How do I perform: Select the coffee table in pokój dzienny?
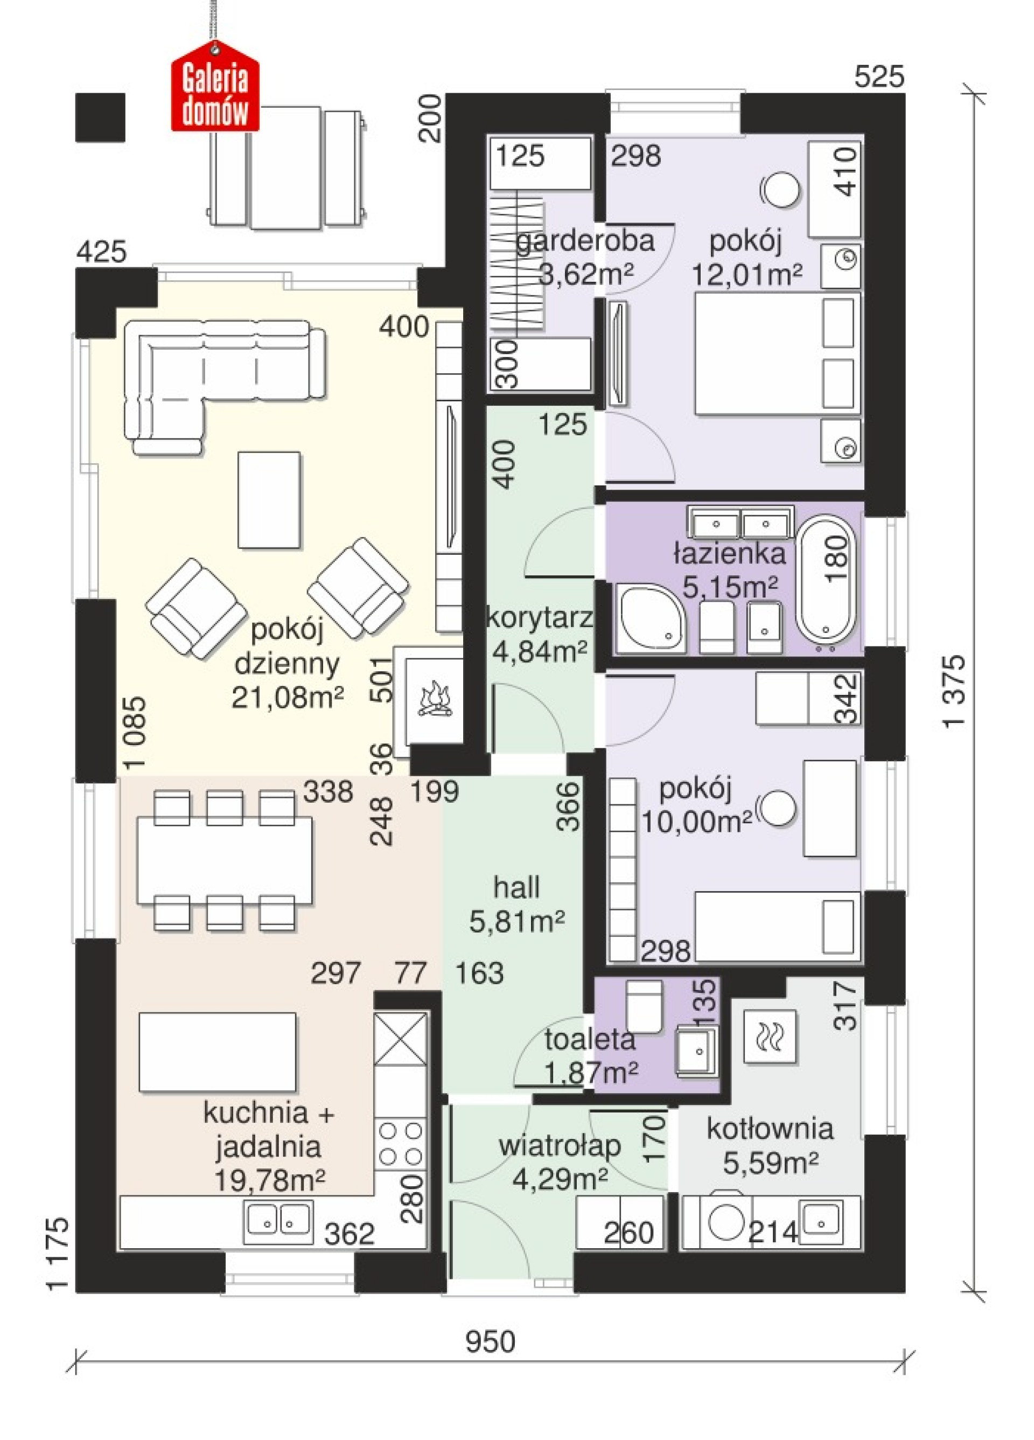click(x=269, y=500)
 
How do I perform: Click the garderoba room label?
click(x=585, y=241)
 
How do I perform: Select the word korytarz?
click(x=540, y=618)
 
